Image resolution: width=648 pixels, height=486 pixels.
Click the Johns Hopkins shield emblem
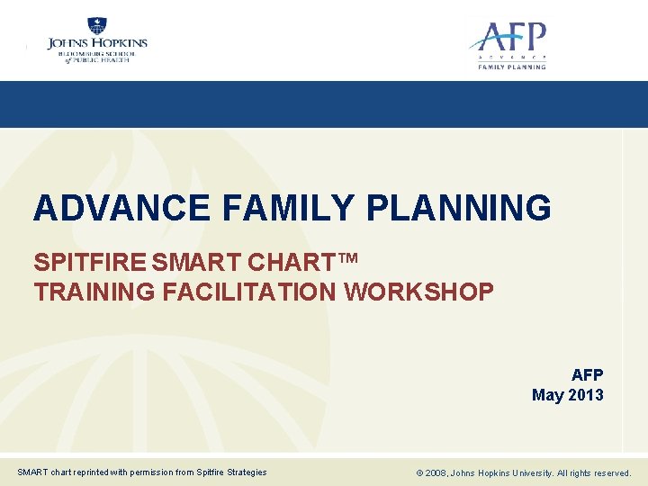point(97,27)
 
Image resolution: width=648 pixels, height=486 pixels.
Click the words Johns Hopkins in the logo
point(97,42)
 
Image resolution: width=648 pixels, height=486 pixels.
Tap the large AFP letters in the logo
point(510,39)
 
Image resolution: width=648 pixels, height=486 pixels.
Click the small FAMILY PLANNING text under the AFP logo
point(511,67)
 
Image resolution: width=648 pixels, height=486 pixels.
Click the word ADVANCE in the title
point(121,208)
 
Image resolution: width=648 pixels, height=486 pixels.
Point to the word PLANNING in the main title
point(459,208)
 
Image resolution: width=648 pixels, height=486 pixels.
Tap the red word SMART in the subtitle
point(193,264)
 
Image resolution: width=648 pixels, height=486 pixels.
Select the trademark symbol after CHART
point(349,260)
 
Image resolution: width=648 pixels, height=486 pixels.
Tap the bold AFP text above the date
point(587,375)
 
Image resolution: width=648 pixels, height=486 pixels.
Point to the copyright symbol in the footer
point(418,472)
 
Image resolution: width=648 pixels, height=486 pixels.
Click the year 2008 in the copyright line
point(436,472)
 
